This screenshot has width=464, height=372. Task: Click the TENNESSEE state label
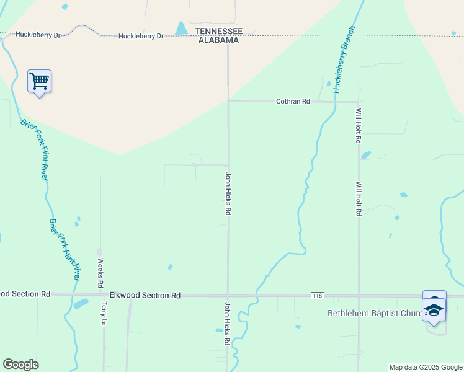(218, 31)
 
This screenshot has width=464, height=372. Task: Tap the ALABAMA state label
(218, 40)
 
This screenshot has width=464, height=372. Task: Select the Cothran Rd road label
(293, 101)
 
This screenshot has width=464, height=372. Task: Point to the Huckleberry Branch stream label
(344, 60)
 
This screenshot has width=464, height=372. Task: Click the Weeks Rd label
(100, 273)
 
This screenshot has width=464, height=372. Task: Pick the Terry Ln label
(104, 314)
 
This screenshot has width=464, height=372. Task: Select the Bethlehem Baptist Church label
(375, 313)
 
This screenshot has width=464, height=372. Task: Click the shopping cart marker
(39, 81)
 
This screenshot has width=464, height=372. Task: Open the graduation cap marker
(434, 311)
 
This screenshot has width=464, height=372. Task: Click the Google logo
(20, 365)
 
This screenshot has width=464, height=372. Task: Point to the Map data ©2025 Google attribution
(425, 367)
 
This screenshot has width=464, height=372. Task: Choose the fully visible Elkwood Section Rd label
(145, 296)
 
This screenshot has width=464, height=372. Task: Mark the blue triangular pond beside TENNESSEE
(181, 29)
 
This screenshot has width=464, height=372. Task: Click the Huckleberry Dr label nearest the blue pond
(141, 36)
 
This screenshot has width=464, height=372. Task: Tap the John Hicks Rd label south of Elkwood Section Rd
(227, 324)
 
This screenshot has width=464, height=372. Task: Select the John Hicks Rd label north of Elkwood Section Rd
(228, 193)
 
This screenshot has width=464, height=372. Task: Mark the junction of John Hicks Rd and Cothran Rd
(228, 101)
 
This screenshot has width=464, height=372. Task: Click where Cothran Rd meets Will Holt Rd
(359, 102)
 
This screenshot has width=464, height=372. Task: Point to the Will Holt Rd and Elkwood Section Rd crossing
(359, 296)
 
